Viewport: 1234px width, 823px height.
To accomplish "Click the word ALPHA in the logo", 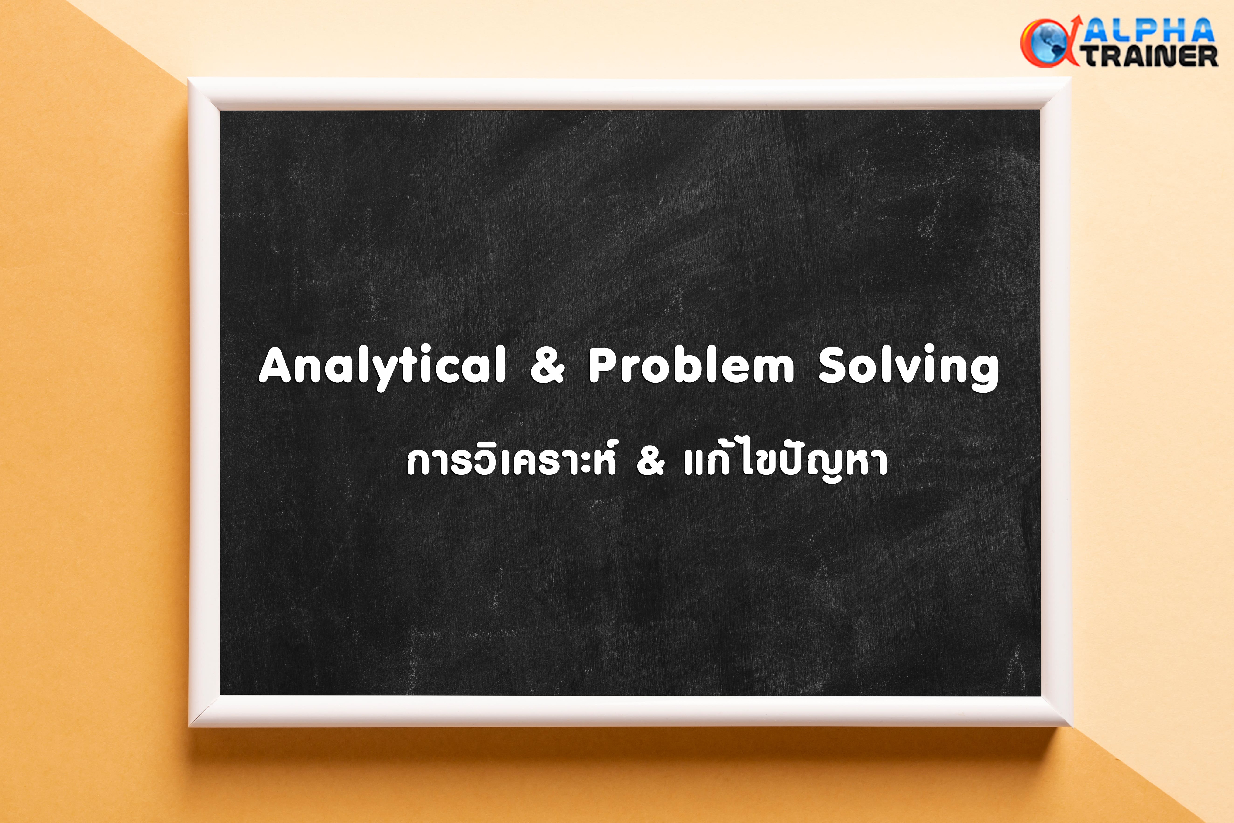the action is point(1149,31).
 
